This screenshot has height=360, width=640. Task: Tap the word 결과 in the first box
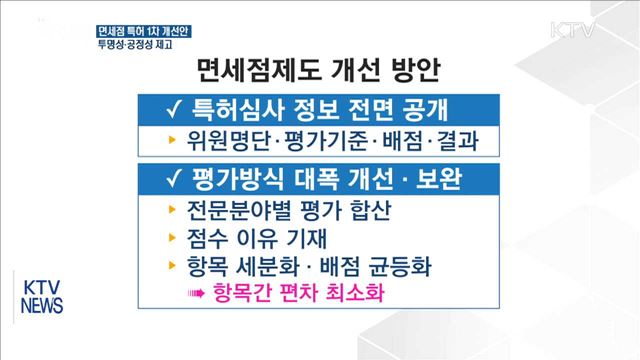coord(456,140)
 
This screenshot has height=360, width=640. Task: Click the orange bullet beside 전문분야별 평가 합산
coord(172,211)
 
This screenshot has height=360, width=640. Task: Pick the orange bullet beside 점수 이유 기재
coord(172,239)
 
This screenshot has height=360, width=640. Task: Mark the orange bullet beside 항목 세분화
coord(172,267)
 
